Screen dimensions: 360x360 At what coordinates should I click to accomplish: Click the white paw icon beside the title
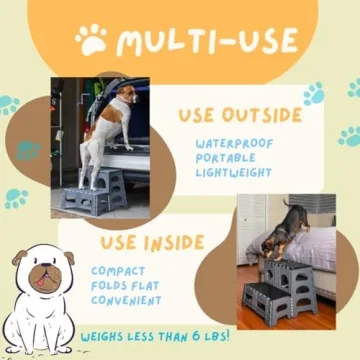tap(90, 41)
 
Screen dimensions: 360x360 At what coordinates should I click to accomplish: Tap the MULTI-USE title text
tap(205, 41)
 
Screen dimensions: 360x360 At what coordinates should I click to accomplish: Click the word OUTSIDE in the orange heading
tap(262, 115)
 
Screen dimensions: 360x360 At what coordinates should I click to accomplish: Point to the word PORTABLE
tap(226, 158)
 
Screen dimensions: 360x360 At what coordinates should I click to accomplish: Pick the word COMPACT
tap(118, 270)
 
